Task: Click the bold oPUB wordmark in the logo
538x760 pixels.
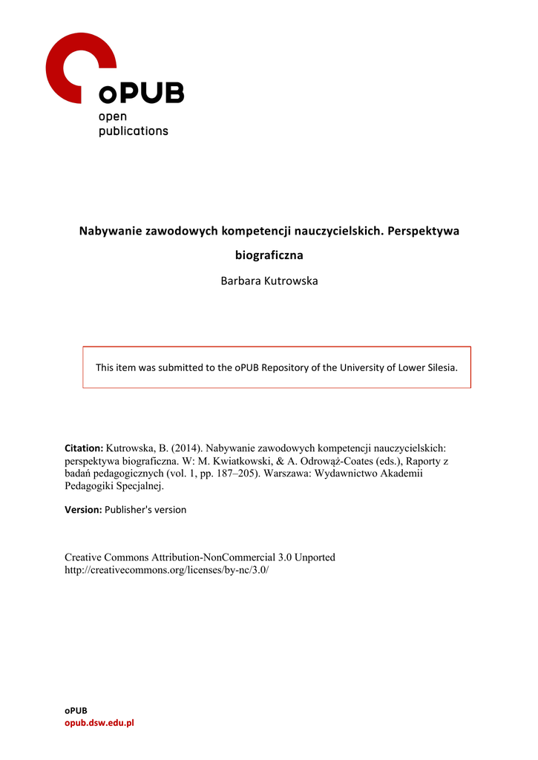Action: tap(141, 94)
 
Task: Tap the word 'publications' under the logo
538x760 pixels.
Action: tap(134, 131)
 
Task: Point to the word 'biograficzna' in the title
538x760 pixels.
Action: tap(269, 255)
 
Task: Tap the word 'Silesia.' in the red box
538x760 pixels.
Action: tap(439, 367)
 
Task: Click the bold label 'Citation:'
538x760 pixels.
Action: tap(84, 448)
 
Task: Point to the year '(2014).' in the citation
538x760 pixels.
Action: tap(184, 448)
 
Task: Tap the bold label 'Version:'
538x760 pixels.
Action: tap(83, 510)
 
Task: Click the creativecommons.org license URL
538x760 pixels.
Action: tap(167, 570)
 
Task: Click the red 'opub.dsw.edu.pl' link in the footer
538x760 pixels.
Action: tap(99, 723)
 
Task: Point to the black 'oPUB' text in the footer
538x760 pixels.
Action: tap(76, 710)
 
